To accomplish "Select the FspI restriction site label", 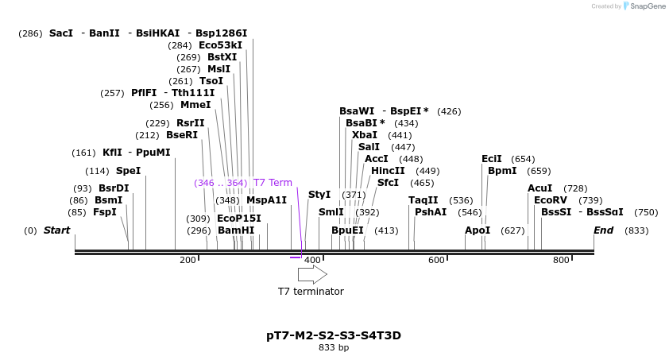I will pos(104,212).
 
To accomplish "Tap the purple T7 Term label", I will pos(273,183).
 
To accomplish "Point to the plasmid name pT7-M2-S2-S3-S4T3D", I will pos(334,335).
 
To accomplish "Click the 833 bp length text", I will pos(334,348).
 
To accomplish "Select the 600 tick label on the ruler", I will pos(436,260).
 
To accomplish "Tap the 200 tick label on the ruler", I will pos(188,260).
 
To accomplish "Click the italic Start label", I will pos(56,230).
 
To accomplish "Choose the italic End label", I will pos(604,230).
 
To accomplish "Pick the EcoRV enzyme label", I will pos(551,200).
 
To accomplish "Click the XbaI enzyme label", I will pos(365,135).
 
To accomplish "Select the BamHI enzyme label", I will pos(236,230).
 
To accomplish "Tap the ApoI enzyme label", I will pos(478,230).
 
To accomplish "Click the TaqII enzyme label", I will pos(423,200).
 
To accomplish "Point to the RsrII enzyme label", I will pos(190,123).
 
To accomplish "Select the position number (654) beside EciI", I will pos(523,159).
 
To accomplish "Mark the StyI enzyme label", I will pos(319,195).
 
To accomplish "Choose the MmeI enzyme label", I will pos(195,105).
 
